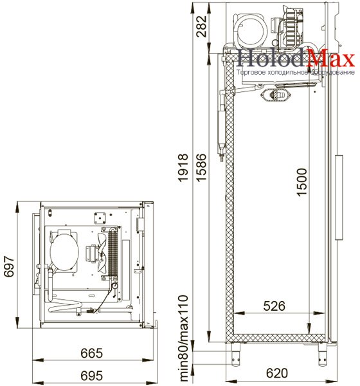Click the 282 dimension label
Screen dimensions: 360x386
click(202, 26)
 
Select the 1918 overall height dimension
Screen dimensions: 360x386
click(184, 168)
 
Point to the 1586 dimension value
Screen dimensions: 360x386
click(202, 168)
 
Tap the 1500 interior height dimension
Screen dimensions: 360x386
click(301, 182)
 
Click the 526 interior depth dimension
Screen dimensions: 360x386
click(274, 306)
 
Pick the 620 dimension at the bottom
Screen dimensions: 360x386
click(277, 373)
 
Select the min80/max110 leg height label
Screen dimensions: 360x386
click(184, 338)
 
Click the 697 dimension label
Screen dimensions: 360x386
click(10, 266)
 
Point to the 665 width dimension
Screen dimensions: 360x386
click(91, 353)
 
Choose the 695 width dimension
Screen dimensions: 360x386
click(91, 376)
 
